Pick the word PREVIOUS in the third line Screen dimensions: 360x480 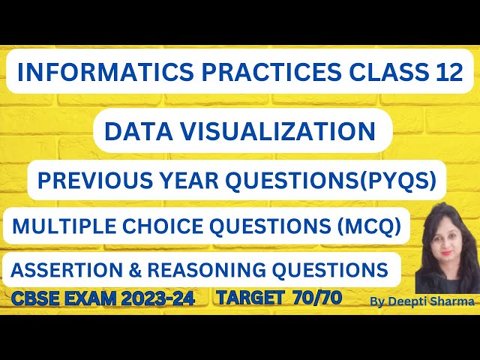[x=86, y=181]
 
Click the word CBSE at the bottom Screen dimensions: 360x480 [x=36, y=298]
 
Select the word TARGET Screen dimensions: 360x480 [x=247, y=298]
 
